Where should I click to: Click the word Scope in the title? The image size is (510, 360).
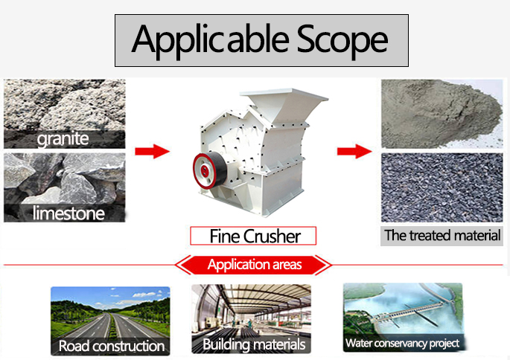342,39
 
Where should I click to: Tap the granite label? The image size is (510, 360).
63,139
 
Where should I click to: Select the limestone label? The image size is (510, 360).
68,213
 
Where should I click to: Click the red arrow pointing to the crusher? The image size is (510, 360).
152,151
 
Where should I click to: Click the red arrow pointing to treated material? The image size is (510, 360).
354,151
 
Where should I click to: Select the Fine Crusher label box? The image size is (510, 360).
253,236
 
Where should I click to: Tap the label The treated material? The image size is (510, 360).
442,236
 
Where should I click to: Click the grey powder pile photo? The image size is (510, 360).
442,114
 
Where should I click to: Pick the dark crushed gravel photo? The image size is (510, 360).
442,187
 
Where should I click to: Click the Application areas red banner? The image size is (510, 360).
254,265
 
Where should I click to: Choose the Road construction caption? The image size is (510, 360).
112,346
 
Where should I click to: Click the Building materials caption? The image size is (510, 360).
254,344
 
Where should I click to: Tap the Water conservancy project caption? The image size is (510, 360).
402,343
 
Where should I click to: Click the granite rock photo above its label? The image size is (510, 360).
64,105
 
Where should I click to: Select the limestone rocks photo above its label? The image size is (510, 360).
64,179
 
